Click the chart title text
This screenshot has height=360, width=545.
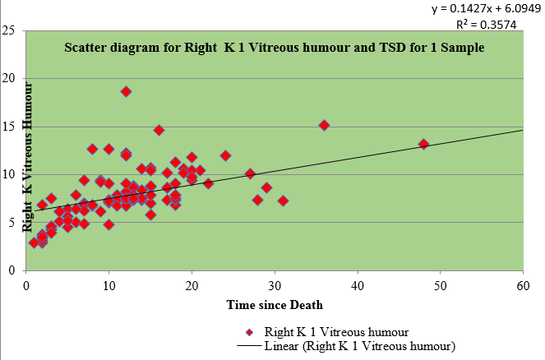click(275, 48)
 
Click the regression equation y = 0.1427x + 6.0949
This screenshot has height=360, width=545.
click(479, 9)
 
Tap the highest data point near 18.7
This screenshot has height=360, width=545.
click(126, 91)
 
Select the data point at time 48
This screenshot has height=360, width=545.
click(424, 144)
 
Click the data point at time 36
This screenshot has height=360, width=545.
click(325, 125)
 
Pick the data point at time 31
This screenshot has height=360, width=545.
click(283, 201)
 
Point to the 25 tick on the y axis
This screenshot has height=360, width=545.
click(11, 31)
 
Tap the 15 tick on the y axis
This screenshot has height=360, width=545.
click(11, 127)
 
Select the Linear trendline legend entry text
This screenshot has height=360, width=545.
click(360, 346)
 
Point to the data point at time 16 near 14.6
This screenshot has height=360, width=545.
click(159, 130)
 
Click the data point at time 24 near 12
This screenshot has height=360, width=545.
click(225, 155)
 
